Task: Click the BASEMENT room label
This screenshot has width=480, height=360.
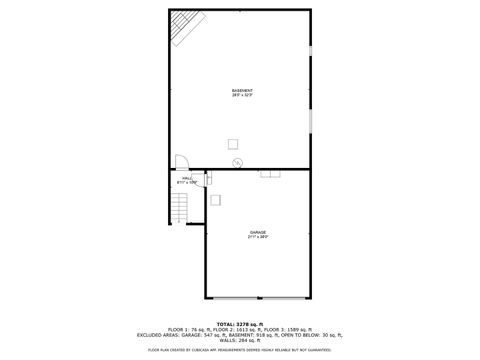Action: click(241, 90)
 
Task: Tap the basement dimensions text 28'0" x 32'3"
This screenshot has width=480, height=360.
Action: click(241, 95)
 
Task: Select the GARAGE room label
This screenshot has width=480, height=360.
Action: click(258, 232)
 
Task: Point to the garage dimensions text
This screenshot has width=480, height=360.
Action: click(258, 237)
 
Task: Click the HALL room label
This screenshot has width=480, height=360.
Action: click(187, 179)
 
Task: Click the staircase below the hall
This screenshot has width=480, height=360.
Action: click(180, 207)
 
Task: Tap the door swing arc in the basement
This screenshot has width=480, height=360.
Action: click(182, 162)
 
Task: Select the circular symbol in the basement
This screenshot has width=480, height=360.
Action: click(237, 164)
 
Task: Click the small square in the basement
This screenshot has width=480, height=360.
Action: click(232, 142)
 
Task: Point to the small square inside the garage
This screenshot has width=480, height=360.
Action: click(215, 199)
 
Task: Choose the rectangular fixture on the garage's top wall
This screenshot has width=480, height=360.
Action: click(270, 172)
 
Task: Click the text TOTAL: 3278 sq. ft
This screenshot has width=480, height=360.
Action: click(240, 323)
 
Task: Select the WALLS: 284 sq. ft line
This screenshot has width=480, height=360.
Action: click(240, 340)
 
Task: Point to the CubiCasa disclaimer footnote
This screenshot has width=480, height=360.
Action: click(240, 350)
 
